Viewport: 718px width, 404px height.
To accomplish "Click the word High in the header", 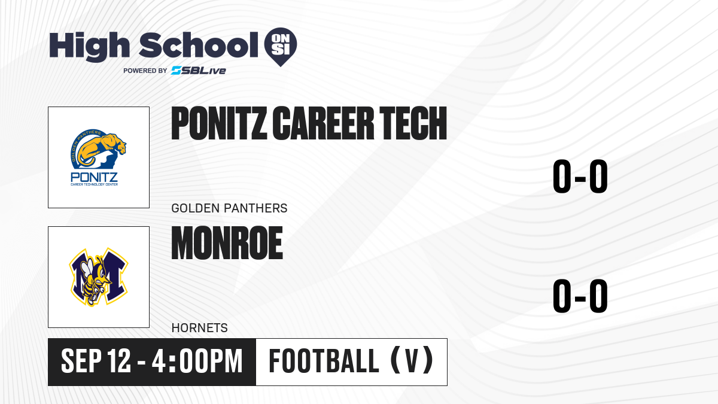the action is pyautogui.click(x=90, y=46).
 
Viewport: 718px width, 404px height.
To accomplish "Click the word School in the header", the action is pyautogui.click(x=199, y=45).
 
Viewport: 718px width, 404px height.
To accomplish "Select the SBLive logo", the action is pyautogui.click(x=199, y=71).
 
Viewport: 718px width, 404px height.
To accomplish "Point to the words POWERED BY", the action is pyautogui.click(x=145, y=71).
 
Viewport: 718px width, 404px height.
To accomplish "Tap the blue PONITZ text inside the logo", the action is pyautogui.click(x=95, y=177).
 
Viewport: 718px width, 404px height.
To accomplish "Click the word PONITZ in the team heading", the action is pyautogui.click(x=219, y=123).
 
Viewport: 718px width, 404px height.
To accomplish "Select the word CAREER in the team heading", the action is pyautogui.click(x=323, y=123).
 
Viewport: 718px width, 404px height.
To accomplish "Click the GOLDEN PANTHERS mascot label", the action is pyautogui.click(x=229, y=208).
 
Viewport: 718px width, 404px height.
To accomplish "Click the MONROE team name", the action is pyautogui.click(x=227, y=243).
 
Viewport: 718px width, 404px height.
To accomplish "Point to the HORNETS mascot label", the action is pyautogui.click(x=199, y=328).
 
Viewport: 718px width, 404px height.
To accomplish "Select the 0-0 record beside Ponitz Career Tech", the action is pyautogui.click(x=580, y=177).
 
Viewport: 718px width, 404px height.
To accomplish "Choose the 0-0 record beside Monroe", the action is pyautogui.click(x=580, y=296).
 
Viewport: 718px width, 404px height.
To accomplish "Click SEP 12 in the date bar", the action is pyautogui.click(x=96, y=362).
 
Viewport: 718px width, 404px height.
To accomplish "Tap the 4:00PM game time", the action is pyautogui.click(x=197, y=362).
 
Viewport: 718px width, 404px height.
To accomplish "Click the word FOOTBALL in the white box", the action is pyautogui.click(x=324, y=361).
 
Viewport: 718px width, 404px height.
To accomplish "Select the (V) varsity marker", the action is pyautogui.click(x=412, y=360).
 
